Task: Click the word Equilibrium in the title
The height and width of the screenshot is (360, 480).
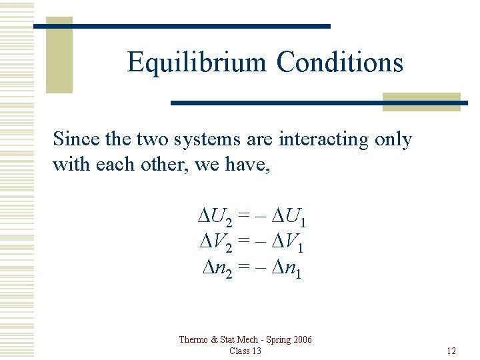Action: [x=197, y=63]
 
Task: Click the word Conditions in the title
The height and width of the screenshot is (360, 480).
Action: [x=340, y=63]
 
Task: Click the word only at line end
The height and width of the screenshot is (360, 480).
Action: [x=393, y=139]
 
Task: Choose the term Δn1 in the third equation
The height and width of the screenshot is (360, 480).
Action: [x=285, y=268]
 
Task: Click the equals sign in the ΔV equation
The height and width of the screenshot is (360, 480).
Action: [x=246, y=242]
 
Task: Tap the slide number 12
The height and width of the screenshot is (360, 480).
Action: [x=451, y=351]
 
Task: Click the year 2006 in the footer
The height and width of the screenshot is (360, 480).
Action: [x=301, y=340]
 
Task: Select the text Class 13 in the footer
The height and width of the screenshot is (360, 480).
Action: [x=245, y=351]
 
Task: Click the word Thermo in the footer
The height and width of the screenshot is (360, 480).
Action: [x=193, y=340]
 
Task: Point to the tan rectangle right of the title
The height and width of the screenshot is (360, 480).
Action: [x=421, y=101]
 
